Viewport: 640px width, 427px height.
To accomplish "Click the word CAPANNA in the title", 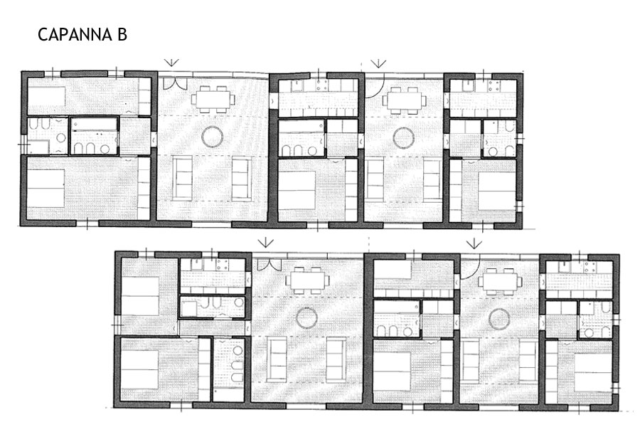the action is (x=75, y=35).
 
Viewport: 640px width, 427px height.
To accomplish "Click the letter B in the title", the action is (x=122, y=35).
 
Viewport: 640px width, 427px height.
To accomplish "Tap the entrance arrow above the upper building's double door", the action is (x=172, y=62).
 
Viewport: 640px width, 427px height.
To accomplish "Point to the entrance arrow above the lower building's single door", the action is (x=474, y=243).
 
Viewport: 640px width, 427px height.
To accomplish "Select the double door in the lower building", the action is (x=269, y=264).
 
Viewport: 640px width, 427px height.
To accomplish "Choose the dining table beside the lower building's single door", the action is (x=500, y=281).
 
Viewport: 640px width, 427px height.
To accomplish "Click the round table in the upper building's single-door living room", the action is (x=403, y=137).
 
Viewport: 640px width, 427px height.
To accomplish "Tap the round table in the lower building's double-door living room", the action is (x=307, y=318).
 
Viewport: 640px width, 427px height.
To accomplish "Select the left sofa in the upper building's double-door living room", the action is (x=182, y=179).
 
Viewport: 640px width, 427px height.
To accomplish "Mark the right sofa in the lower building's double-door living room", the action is (x=336, y=359).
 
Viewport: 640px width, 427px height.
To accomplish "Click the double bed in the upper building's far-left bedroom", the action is (x=46, y=189).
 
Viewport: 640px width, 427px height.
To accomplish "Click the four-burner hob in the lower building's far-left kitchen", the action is (x=223, y=265).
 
